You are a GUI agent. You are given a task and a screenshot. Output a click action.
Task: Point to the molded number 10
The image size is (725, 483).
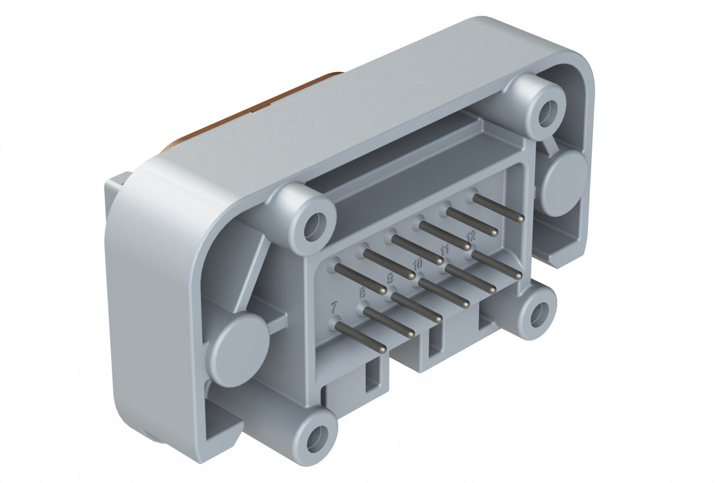pyautogui.click(x=417, y=263)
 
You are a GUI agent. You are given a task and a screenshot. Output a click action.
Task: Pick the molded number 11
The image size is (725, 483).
pyautogui.click(x=445, y=249)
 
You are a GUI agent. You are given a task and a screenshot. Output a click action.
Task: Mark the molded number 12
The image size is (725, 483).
pyautogui.click(x=471, y=236)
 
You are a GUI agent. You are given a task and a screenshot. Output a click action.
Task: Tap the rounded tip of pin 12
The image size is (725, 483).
pyautogui.click(x=519, y=276)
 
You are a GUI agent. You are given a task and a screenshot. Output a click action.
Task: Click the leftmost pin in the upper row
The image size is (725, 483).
pyautogui.click(x=359, y=280)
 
